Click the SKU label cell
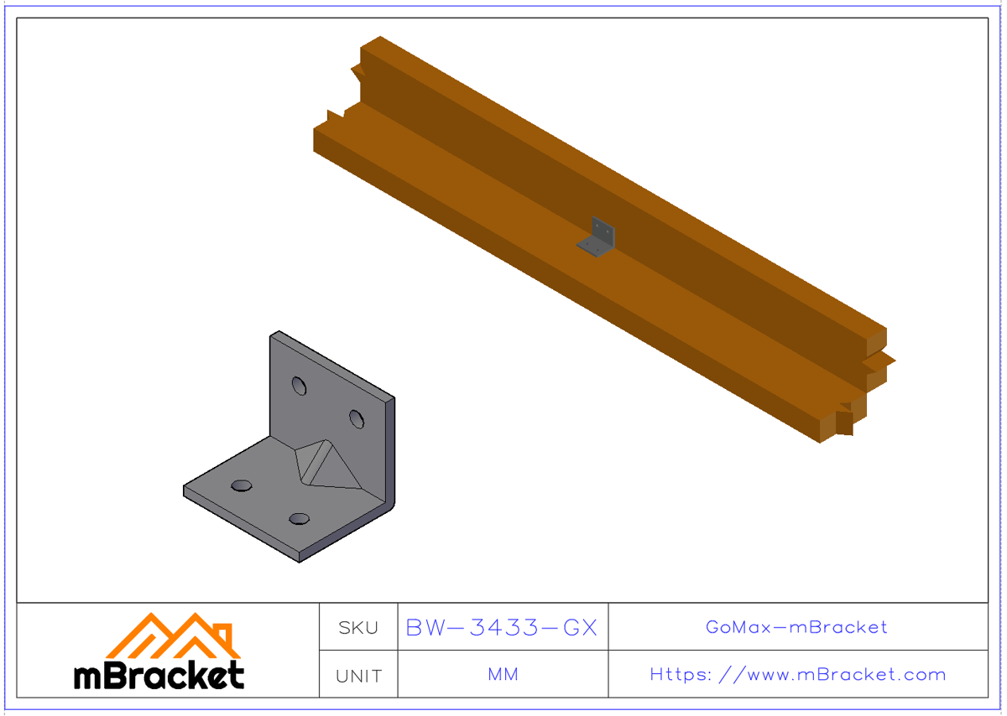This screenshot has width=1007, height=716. tap(358, 627)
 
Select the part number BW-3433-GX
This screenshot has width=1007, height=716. tap(502, 627)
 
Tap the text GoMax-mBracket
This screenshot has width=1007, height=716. tap(796, 627)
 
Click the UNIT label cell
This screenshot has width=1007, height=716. tap(358, 676)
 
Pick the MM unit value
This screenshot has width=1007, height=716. tap(502, 675)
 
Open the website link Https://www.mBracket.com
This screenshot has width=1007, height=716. tap(797, 675)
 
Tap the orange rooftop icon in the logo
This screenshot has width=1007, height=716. tap(171, 636)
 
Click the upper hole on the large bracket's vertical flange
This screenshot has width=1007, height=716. tap(299, 385)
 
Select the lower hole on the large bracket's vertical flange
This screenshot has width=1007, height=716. tap(357, 418)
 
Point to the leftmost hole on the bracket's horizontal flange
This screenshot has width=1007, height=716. tap(242, 485)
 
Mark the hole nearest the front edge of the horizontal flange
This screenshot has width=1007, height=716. tap(298, 519)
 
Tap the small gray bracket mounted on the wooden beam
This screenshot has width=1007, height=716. tap(598, 236)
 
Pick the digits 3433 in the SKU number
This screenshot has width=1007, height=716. tap(502, 627)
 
